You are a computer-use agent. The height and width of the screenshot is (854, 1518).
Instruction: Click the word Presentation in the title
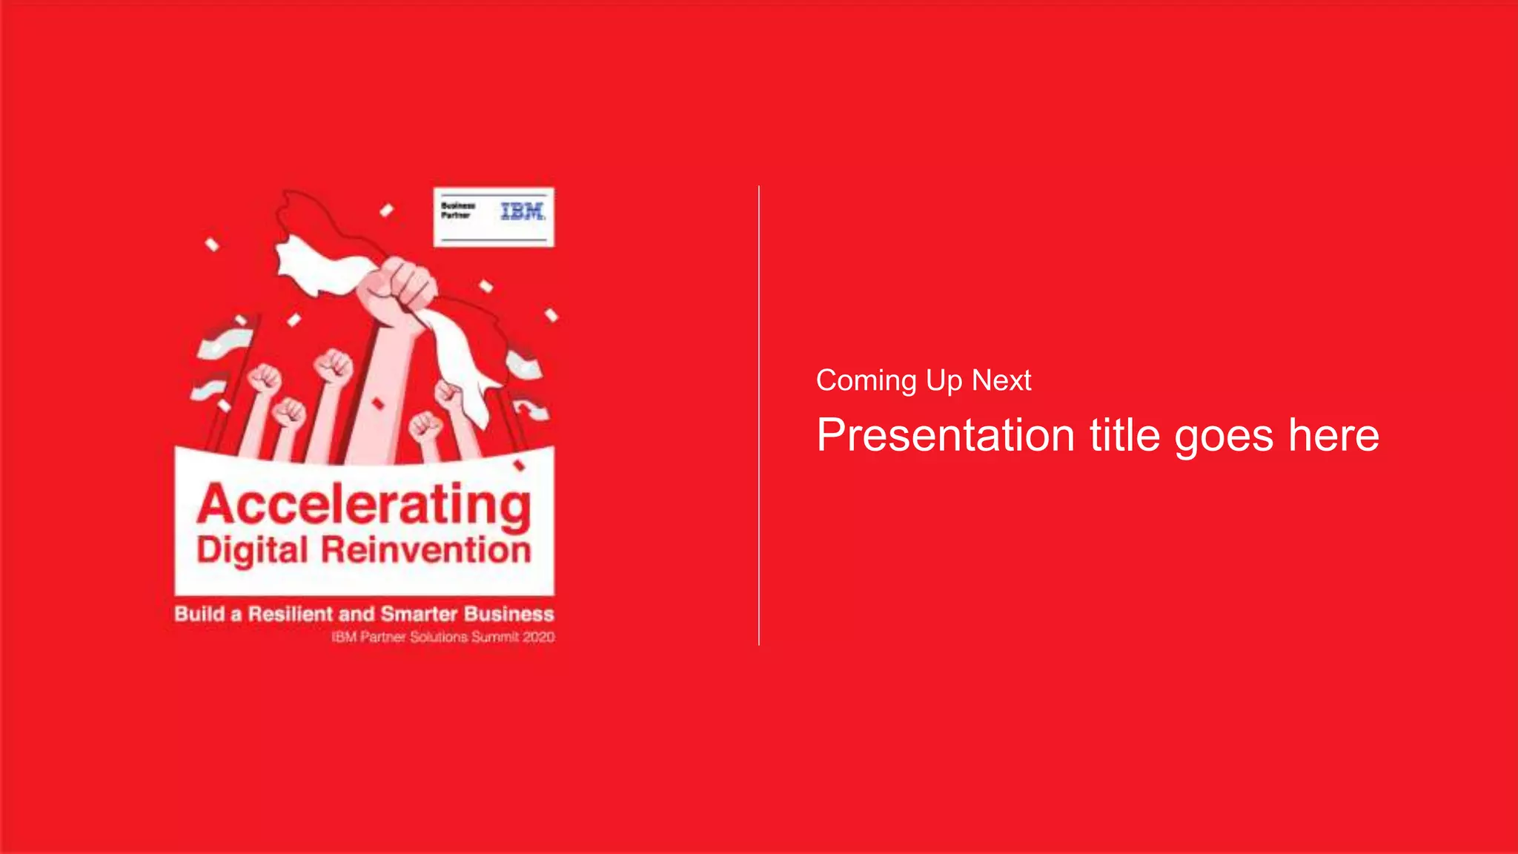click(x=945, y=435)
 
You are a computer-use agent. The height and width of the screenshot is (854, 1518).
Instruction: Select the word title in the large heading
click(x=1124, y=435)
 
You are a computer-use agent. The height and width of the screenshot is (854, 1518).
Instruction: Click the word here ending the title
click(x=1333, y=435)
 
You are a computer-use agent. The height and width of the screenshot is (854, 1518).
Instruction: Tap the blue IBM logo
click(x=523, y=211)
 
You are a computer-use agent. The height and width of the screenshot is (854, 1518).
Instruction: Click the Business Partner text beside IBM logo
click(x=457, y=211)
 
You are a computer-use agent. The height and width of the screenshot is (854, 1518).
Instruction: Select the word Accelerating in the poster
click(x=364, y=506)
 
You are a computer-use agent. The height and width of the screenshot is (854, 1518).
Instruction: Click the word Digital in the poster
click(x=252, y=552)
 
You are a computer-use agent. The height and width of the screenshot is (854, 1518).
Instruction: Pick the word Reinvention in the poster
click(x=426, y=550)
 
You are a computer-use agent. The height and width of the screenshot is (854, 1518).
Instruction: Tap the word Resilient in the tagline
click(x=291, y=614)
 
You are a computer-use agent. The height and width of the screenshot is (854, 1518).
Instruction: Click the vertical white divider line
click(x=759, y=415)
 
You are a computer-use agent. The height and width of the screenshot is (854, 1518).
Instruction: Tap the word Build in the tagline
click(x=199, y=614)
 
